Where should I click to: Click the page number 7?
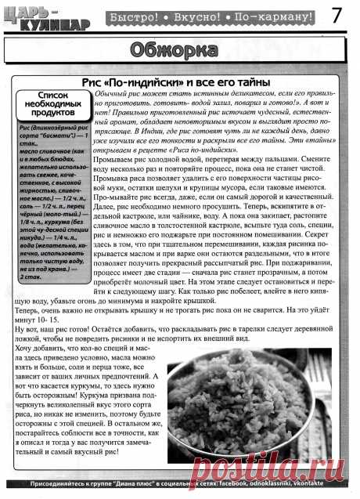click(x=344, y=16)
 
